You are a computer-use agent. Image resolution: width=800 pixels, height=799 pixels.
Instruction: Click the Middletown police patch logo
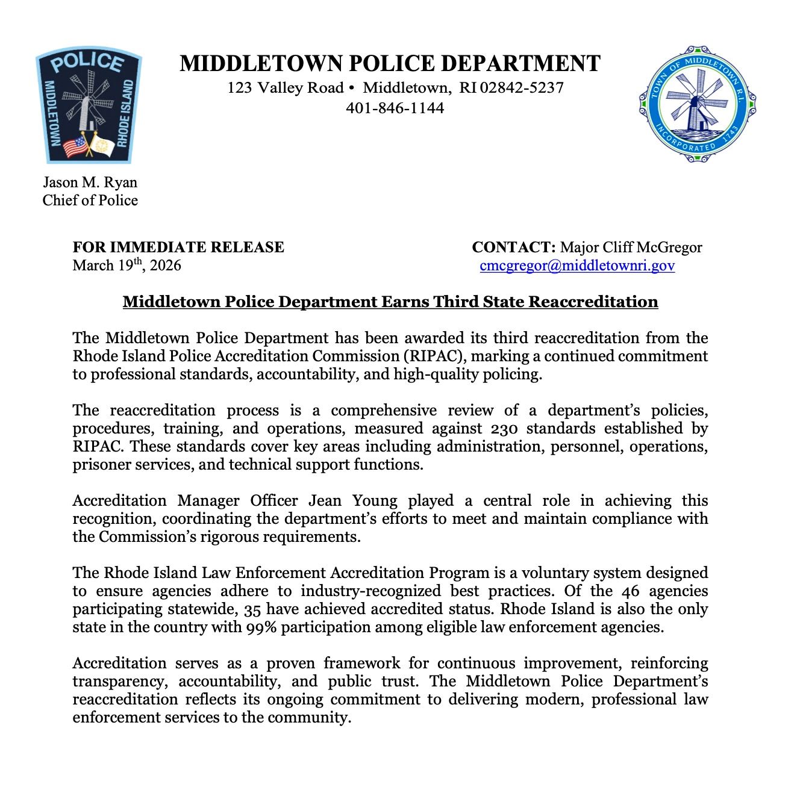[89, 107]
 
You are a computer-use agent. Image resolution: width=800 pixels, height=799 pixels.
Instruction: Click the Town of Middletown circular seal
[697, 104]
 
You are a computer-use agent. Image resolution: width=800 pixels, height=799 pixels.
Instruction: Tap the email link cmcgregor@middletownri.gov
[577, 266]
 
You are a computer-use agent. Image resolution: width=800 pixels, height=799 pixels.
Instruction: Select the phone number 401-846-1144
[395, 108]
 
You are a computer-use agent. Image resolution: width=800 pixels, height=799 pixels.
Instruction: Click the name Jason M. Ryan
[90, 182]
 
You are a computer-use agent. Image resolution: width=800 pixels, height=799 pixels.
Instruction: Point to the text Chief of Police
[90, 201]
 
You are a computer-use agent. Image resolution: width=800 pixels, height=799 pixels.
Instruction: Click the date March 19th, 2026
[127, 265]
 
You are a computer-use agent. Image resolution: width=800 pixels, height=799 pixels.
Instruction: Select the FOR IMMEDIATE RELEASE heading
[178, 247]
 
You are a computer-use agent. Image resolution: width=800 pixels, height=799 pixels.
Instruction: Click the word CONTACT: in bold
[513, 247]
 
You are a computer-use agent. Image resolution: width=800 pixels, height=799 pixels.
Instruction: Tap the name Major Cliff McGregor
[631, 247]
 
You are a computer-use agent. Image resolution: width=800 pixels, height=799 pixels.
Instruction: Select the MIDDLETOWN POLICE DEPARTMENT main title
[390, 63]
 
